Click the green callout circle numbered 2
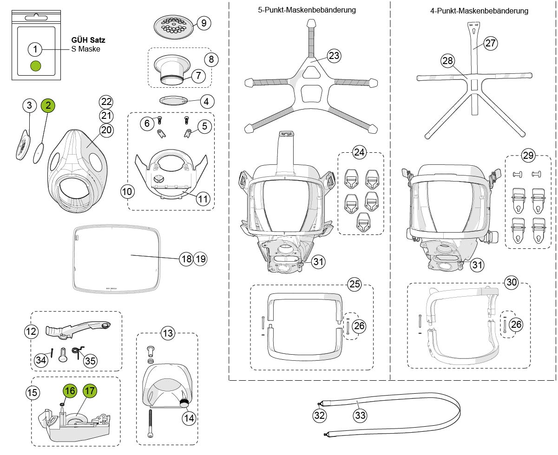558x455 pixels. click(x=47, y=105)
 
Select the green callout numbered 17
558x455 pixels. click(x=90, y=391)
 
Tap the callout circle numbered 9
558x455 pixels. click(x=204, y=23)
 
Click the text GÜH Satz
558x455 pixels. click(x=88, y=40)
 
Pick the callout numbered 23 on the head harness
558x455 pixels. click(x=334, y=56)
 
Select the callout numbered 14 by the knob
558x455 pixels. click(x=189, y=417)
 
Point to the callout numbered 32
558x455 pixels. click(x=319, y=415)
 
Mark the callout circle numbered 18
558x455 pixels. click(x=186, y=259)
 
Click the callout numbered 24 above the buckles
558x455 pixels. click(x=359, y=152)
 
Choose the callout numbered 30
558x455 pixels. click(x=512, y=282)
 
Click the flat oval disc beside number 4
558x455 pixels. click(x=174, y=100)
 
